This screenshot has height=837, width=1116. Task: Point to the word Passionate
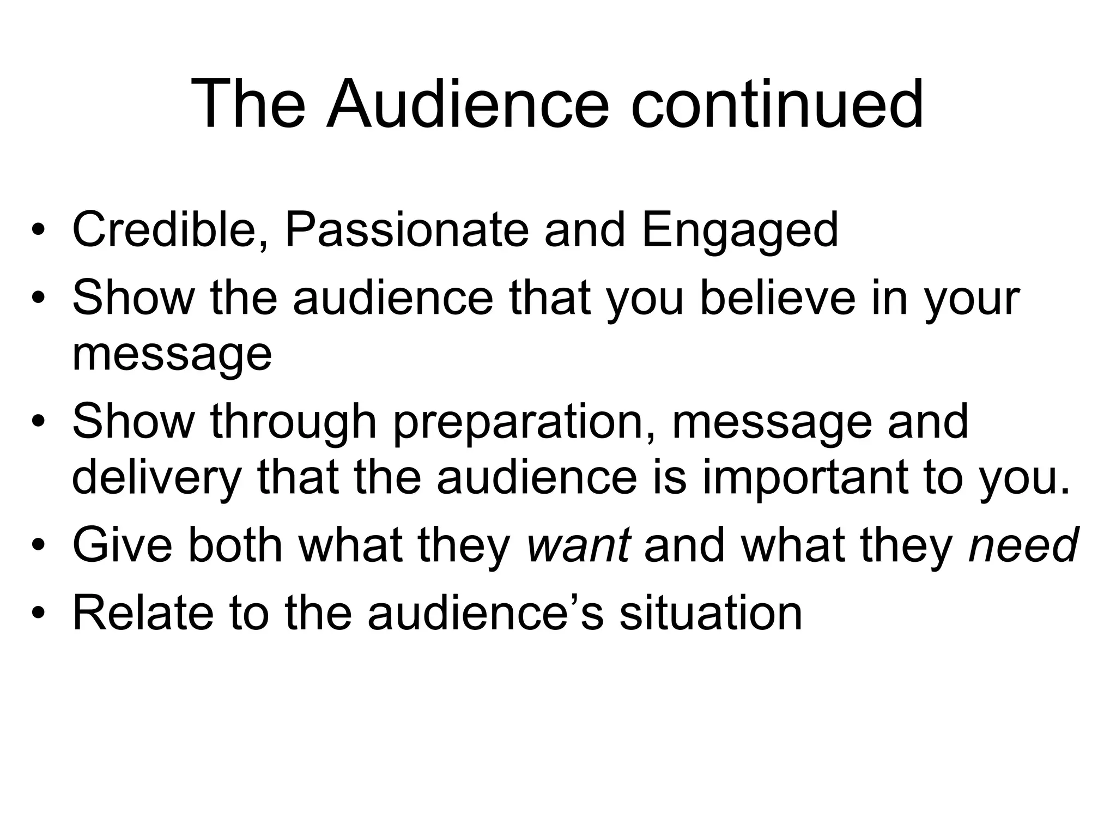pyautogui.click(x=407, y=230)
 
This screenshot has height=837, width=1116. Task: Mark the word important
pyautogui.click(x=804, y=478)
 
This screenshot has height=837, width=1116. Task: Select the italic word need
pyautogui.click(x=1023, y=545)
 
